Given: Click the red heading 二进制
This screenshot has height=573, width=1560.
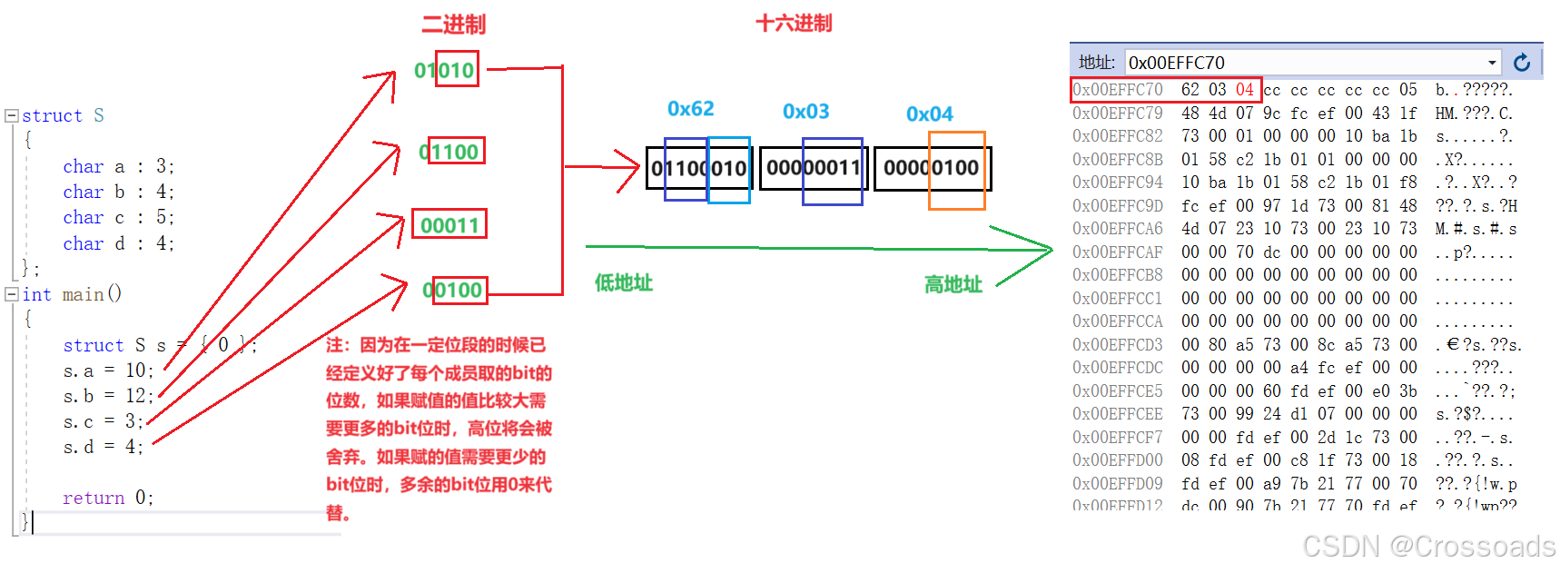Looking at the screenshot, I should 453,25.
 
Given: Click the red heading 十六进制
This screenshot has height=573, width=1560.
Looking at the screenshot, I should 794,23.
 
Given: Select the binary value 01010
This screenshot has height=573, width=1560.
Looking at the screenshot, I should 445,70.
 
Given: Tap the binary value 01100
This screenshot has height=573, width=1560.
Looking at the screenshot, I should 449,152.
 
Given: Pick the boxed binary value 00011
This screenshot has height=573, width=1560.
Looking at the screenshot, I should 449,225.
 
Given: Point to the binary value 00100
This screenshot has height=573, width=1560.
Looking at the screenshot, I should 453,290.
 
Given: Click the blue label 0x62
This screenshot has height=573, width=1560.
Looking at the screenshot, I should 690,109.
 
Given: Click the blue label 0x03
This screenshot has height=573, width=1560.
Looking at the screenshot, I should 805,112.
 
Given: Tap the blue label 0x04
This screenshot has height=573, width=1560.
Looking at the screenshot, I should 929,114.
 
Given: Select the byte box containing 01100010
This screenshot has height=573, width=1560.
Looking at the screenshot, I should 698,168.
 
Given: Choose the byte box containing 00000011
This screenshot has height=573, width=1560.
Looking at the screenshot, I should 813,168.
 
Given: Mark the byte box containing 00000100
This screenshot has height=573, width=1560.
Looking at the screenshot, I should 932,168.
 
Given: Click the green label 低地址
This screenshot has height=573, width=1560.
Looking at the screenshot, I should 624,282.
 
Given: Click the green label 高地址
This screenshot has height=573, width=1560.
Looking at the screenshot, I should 953,285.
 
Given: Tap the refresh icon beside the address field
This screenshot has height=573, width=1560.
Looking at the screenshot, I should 1522,63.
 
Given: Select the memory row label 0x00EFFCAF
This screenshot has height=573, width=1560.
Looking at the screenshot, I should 1117,252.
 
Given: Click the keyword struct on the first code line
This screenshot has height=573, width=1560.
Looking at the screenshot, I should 52,116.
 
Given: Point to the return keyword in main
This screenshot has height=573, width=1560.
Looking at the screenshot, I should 93,498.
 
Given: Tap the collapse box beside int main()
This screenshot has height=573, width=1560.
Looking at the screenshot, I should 12,294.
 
